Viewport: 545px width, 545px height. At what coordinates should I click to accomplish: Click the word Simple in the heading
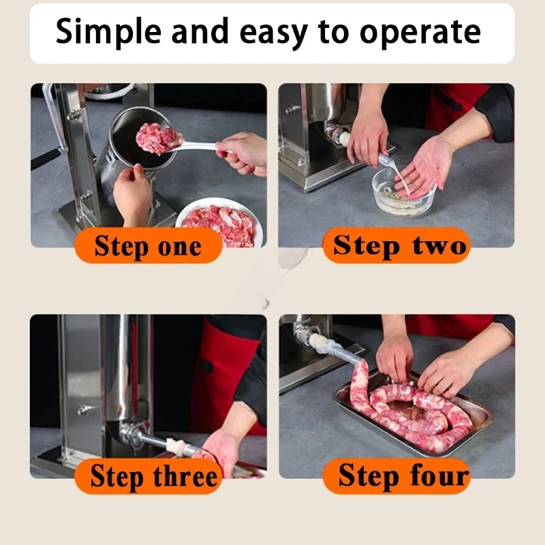pyautogui.click(x=108, y=32)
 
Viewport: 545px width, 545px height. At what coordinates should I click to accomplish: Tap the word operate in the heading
pyautogui.click(x=420, y=33)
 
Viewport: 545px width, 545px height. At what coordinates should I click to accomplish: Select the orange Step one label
pyautogui.click(x=148, y=245)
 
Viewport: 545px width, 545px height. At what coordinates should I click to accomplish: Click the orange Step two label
pyautogui.click(x=396, y=245)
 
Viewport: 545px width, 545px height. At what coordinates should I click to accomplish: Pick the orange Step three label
pyautogui.click(x=149, y=476)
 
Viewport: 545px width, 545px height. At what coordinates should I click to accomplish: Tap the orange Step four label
pyautogui.click(x=397, y=476)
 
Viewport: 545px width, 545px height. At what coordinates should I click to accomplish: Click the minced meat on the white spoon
pyautogui.click(x=159, y=138)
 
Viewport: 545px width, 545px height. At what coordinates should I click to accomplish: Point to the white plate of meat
pyautogui.click(x=219, y=223)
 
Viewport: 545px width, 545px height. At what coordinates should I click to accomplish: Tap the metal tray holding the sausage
pyautogui.click(x=413, y=413)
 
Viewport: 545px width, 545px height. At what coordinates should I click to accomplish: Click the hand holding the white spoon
pyautogui.click(x=241, y=153)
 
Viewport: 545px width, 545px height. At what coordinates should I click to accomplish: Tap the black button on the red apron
pyautogui.click(x=208, y=367)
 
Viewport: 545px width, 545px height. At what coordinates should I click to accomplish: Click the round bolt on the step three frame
pyautogui.click(x=82, y=411)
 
